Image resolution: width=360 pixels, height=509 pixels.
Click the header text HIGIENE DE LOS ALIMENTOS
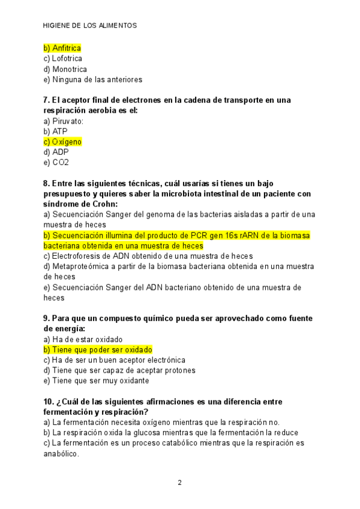(91, 26)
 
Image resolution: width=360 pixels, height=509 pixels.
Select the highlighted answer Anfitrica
(62, 48)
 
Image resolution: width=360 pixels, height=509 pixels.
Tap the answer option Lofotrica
(63, 58)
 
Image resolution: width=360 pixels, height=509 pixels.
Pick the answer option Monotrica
(65, 69)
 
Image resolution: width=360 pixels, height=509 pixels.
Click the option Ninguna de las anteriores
(93, 79)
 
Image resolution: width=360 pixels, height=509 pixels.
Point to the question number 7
(46, 100)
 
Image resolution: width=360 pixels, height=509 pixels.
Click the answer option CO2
(56, 162)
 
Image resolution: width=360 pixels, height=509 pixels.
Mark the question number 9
(46, 318)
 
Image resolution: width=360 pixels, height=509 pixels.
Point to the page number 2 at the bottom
(179, 482)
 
